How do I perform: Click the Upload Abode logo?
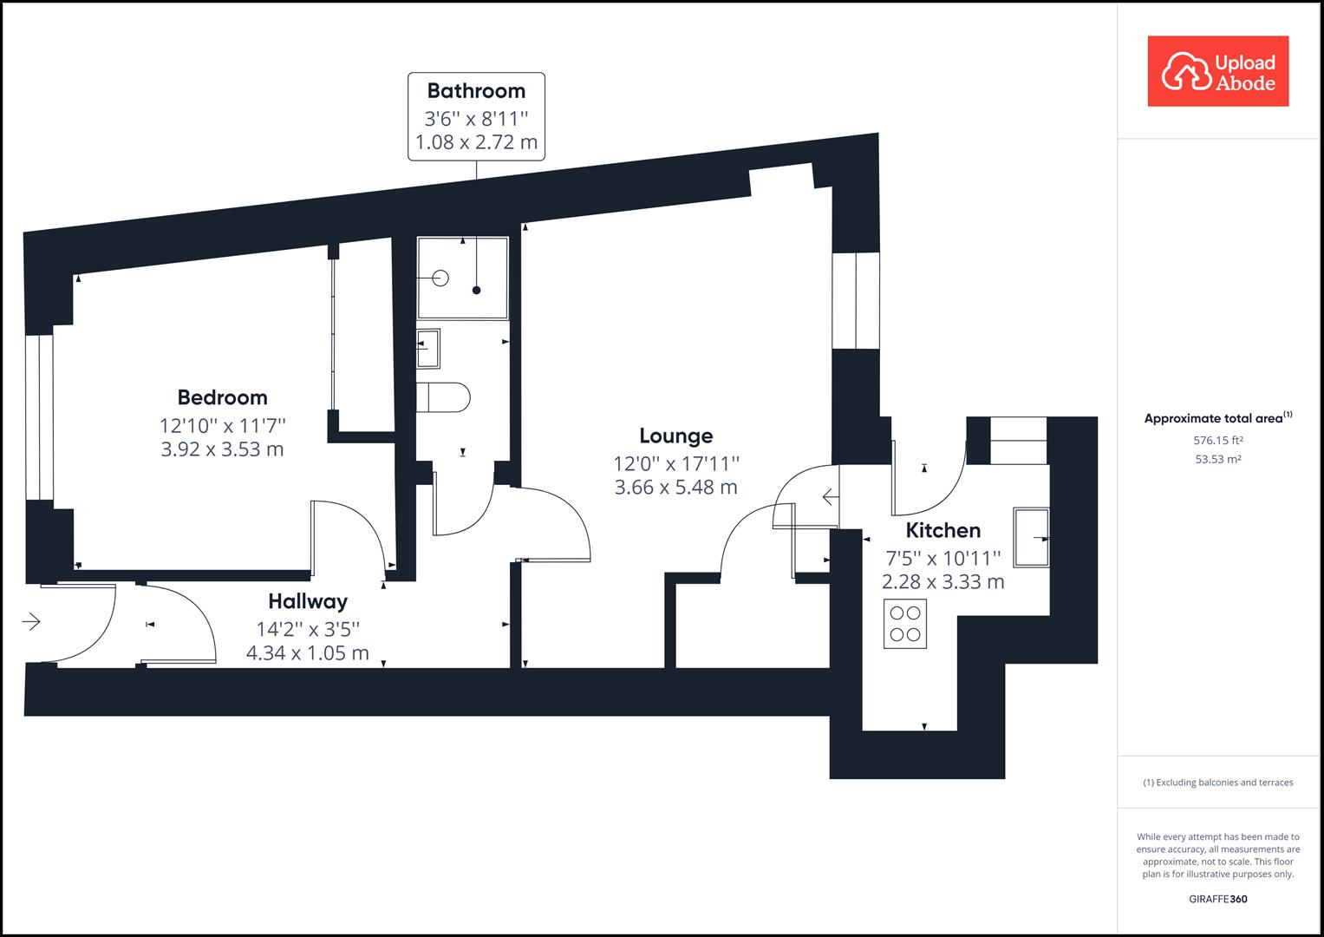coord(1217,72)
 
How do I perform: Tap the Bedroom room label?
coord(222,397)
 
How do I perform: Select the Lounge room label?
coord(675,436)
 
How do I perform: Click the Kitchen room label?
coord(942,530)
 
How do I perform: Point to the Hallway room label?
coord(307,601)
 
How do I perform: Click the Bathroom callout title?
coord(476,91)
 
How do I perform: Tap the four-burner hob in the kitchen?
coord(905,624)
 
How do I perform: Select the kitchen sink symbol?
coord(1031,538)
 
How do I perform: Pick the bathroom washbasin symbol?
coord(428,348)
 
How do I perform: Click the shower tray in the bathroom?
coord(462,278)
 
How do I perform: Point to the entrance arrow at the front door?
coord(31,621)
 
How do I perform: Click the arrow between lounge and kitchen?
coord(830,497)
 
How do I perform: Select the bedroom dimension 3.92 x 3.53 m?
coord(222,449)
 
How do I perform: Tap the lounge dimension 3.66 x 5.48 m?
coord(675,488)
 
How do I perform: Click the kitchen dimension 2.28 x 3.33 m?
coord(942,582)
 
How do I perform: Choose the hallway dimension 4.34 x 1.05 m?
coord(307,653)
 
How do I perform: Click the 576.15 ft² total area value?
coord(1217,441)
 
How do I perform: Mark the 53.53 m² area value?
coord(1217,460)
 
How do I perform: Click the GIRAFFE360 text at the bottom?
coord(1217,899)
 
